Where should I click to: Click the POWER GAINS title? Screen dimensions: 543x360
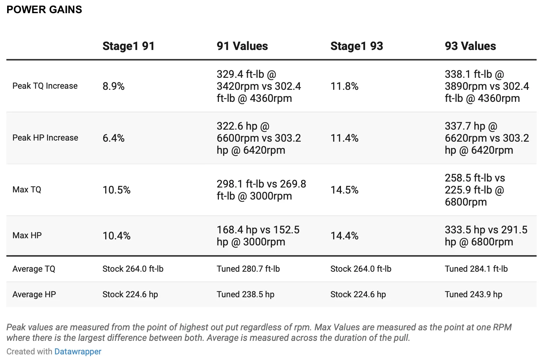click(44, 10)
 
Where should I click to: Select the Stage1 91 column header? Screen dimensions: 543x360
click(128, 46)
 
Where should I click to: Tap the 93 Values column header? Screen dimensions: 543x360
click(470, 46)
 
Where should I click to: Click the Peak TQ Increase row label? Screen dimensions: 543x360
click(45, 86)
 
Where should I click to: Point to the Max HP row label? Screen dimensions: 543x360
click(27, 235)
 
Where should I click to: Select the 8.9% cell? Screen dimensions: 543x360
click(113, 86)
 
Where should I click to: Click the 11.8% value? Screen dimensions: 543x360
click(344, 86)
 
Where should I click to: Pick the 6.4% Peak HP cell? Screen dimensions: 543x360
click(113, 138)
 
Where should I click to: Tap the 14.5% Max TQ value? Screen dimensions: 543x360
click(344, 190)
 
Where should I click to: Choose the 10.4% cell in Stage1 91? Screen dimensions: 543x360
click(116, 236)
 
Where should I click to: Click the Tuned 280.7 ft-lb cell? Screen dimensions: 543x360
click(248, 269)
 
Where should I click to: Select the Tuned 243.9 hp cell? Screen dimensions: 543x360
click(474, 294)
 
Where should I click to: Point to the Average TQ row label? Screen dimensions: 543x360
click(34, 269)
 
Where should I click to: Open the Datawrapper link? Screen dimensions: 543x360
click(78, 351)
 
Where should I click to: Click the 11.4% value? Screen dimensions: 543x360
click(344, 138)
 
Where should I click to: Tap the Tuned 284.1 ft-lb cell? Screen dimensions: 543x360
click(476, 269)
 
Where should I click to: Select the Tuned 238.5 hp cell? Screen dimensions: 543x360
click(245, 294)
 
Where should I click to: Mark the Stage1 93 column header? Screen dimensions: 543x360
click(357, 46)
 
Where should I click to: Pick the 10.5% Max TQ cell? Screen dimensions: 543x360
click(116, 190)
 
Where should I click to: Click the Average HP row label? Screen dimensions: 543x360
click(34, 294)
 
